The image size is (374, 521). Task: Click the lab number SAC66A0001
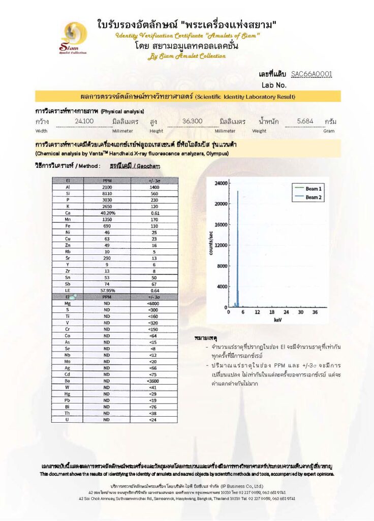(311, 74)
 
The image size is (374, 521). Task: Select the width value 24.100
(84, 121)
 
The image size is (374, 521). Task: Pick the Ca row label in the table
(68, 213)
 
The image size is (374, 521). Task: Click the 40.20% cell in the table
(107, 213)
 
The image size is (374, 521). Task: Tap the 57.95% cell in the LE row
(107, 291)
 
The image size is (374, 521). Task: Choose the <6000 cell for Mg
(153, 303)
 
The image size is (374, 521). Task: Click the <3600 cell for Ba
(153, 381)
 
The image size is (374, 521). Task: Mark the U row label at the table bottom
(68, 420)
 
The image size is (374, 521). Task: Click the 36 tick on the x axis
(315, 312)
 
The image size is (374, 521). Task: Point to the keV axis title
(277, 321)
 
